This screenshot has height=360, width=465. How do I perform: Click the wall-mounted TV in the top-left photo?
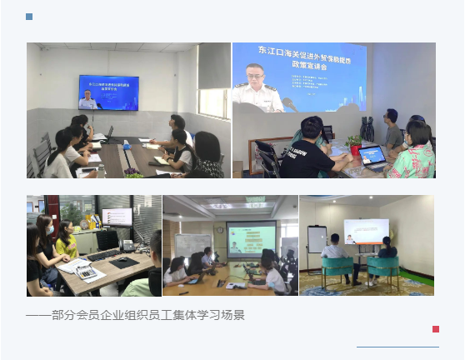108,92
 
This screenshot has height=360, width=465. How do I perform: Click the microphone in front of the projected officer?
288,104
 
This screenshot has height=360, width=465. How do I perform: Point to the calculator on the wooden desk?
85,272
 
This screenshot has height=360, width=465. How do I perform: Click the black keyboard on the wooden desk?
106,255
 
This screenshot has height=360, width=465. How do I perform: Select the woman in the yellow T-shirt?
65,242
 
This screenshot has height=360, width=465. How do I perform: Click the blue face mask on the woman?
48,227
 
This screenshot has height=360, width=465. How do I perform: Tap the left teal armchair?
336,271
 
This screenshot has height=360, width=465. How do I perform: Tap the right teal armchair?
383,271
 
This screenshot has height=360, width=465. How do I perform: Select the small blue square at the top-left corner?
30,17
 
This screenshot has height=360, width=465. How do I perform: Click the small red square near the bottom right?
435,329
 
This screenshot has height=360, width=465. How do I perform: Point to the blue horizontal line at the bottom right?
397,346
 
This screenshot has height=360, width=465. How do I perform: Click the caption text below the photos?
135,315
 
